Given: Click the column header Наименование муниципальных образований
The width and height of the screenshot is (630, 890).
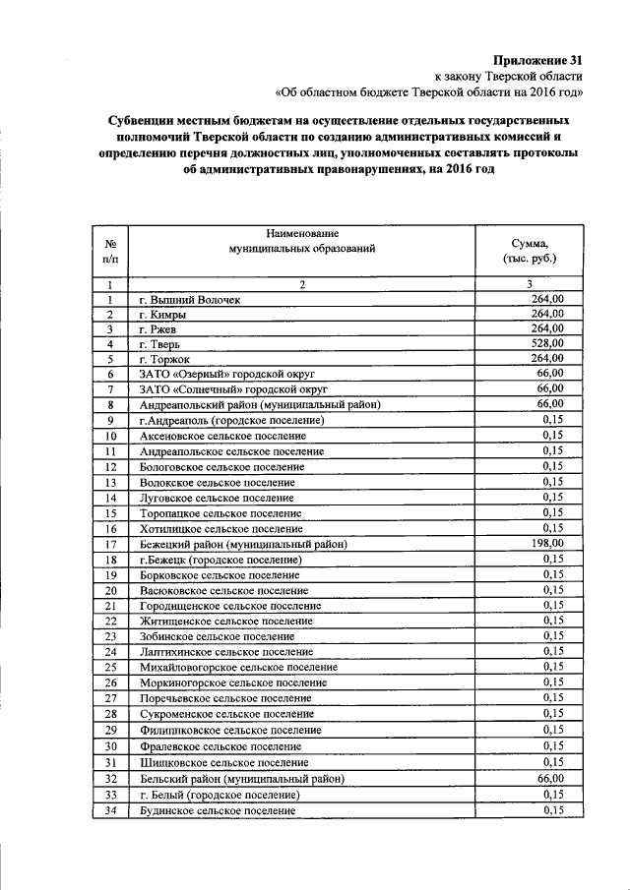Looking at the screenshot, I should coord(302,242).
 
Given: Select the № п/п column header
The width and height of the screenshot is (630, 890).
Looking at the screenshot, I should coord(111,251).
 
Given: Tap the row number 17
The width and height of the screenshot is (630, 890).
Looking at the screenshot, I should coord(111,544).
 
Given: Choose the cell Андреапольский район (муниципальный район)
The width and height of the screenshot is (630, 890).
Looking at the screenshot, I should coord(260,404).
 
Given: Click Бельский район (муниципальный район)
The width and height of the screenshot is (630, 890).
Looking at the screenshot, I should coord(241,778).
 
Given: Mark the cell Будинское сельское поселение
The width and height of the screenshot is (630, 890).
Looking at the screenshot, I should coord(217,809).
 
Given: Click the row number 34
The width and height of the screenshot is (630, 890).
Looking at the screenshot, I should coord(111,809).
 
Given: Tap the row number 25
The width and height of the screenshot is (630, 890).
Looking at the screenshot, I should coord(111,667).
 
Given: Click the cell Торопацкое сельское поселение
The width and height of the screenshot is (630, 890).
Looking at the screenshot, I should coord(220,513).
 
